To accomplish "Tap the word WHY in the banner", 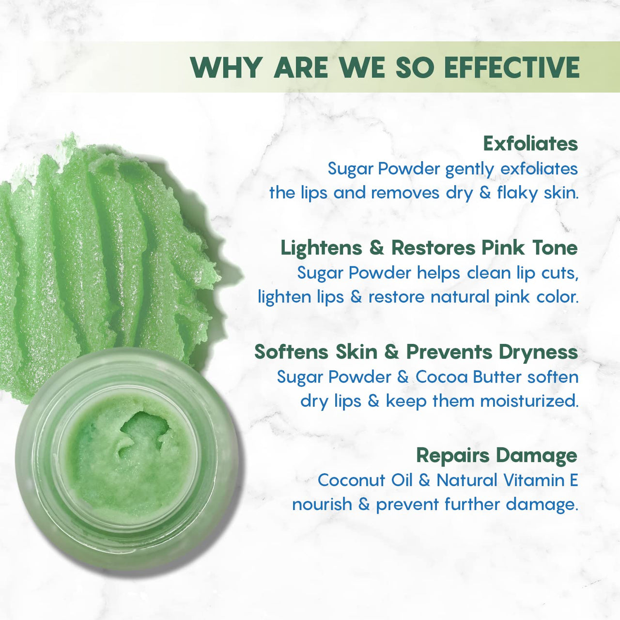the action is tap(225, 67).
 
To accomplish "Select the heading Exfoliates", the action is tap(530, 144).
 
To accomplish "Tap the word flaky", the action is tap(517, 193).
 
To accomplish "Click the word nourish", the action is tap(322, 504).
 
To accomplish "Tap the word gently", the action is tap(470, 169).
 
